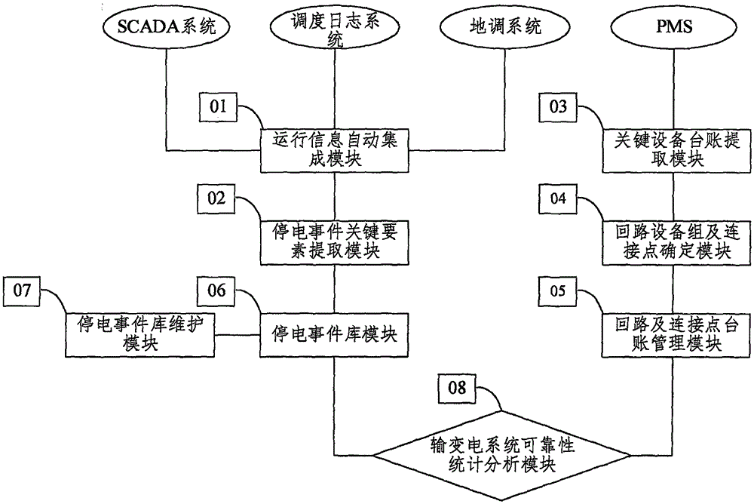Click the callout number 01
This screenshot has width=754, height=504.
217,108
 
